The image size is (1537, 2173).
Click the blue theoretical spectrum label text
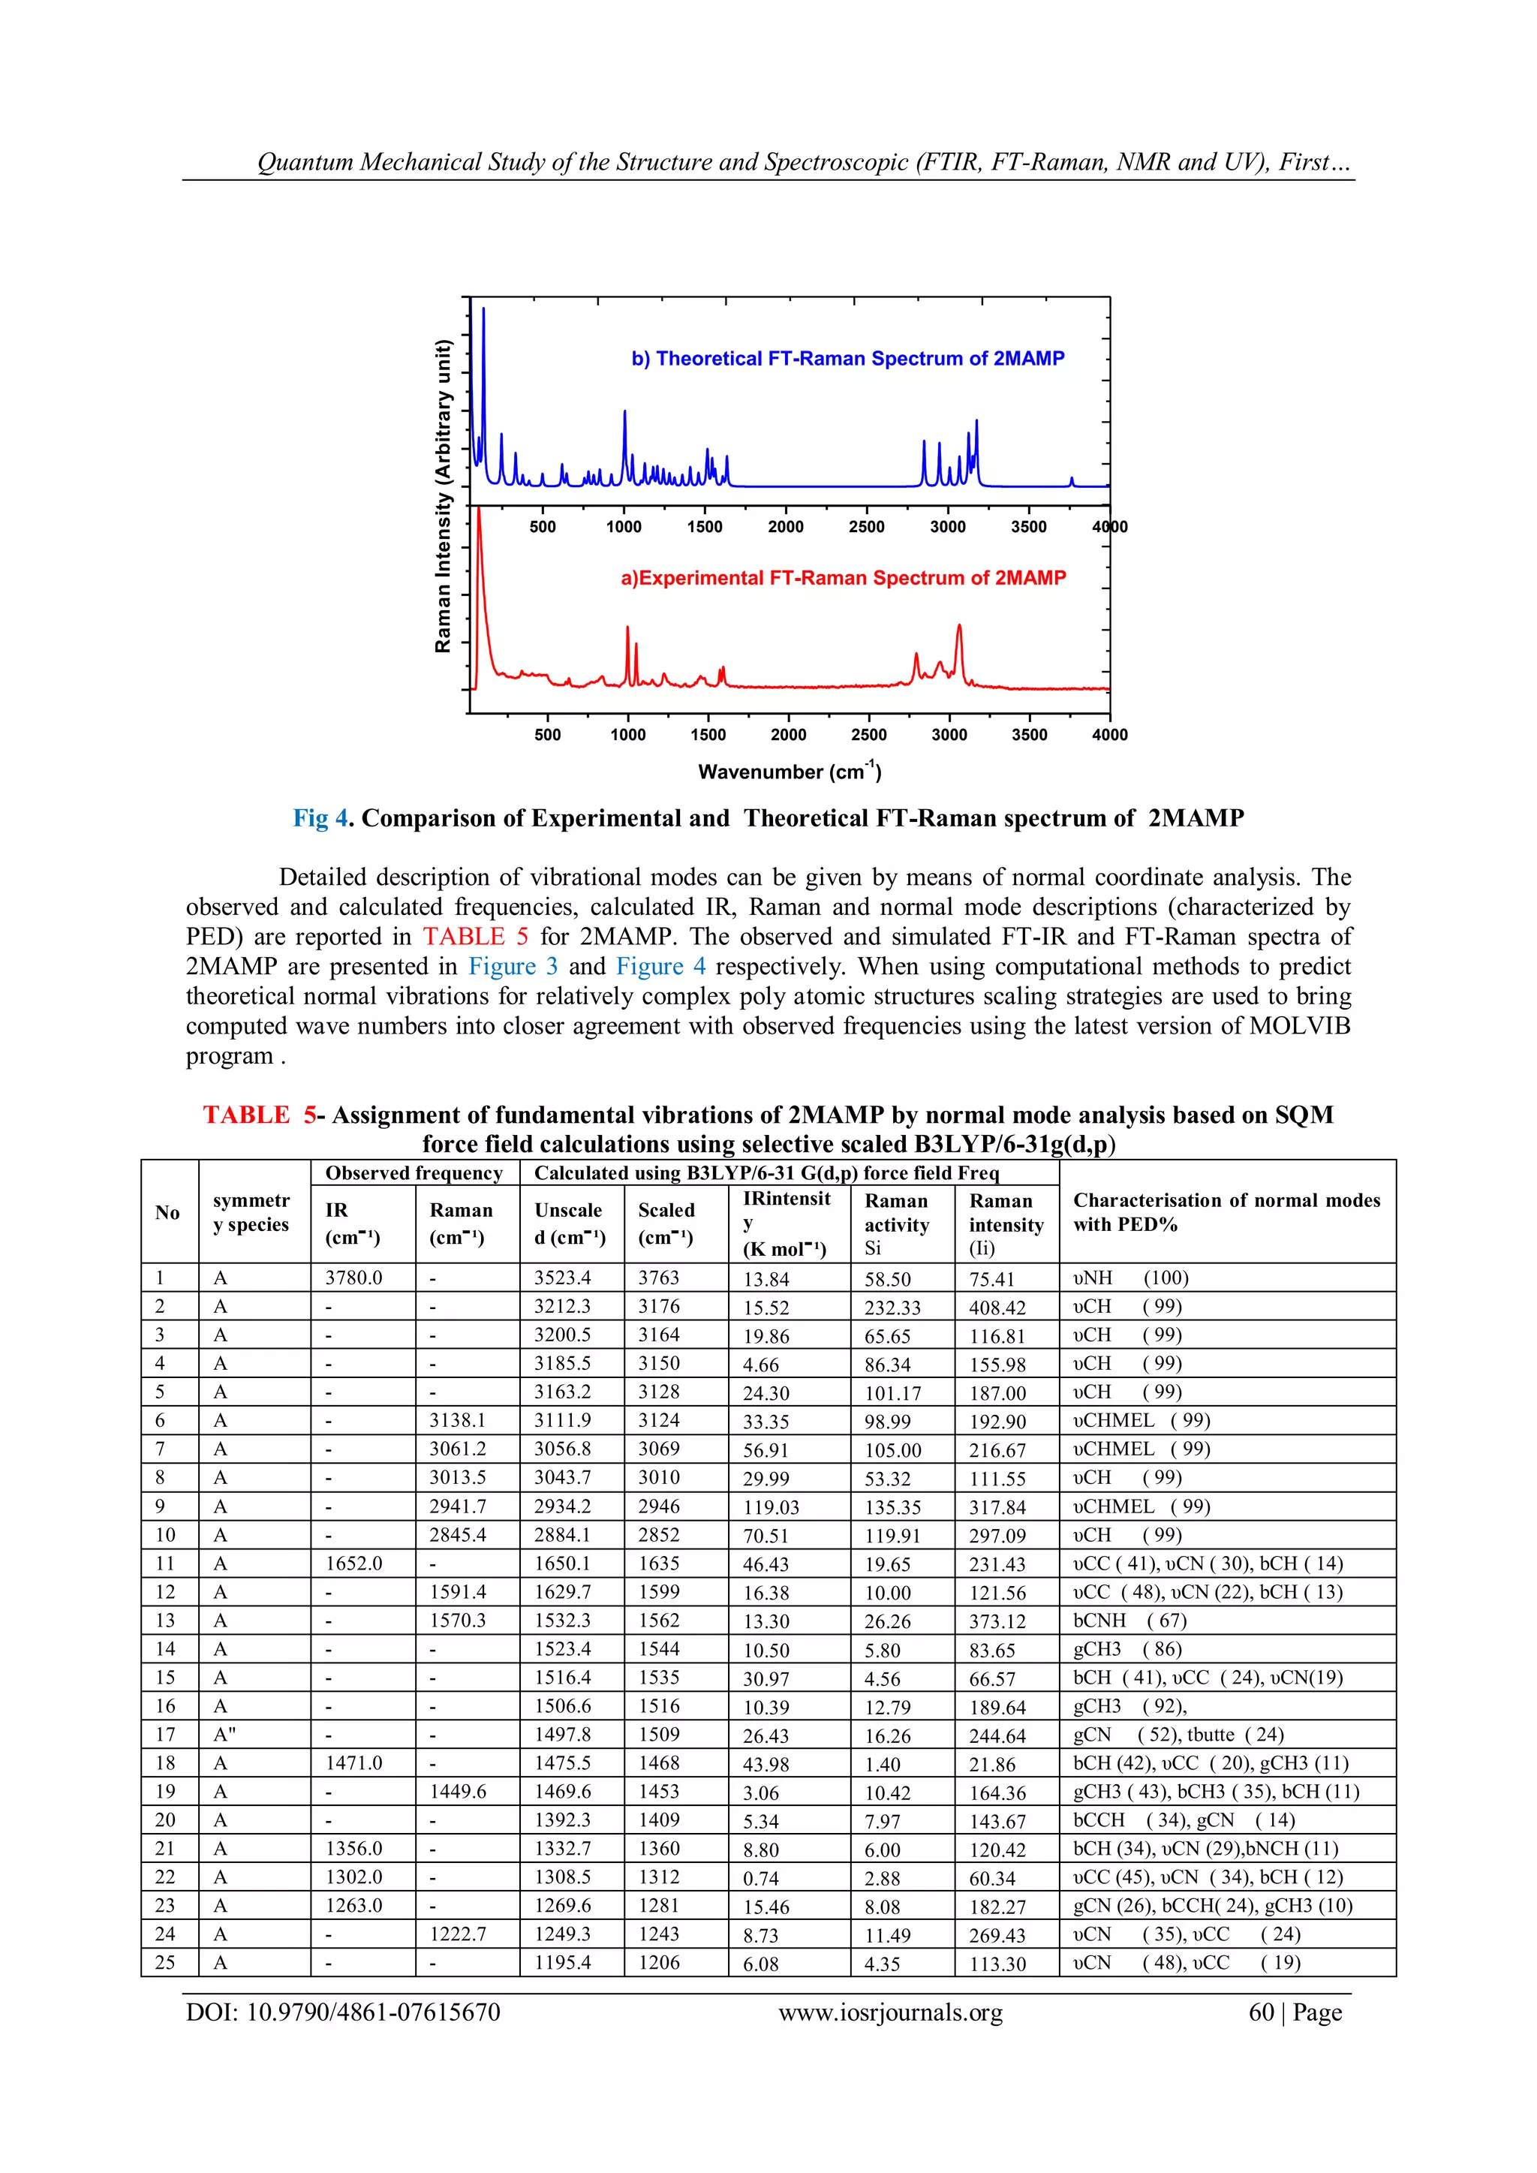click(x=847, y=359)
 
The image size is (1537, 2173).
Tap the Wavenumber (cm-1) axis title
click(x=790, y=772)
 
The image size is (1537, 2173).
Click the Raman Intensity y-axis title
click(x=442, y=497)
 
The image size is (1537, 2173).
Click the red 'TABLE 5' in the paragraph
click(x=475, y=937)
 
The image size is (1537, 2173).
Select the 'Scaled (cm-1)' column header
click(x=666, y=1223)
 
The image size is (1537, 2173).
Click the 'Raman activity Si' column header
click(x=896, y=1223)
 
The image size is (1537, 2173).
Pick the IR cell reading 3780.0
click(x=354, y=1278)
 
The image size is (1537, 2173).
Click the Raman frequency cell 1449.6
click(x=458, y=1792)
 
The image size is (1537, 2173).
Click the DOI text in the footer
click(x=343, y=2012)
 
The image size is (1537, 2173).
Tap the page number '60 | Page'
click(x=1294, y=2012)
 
